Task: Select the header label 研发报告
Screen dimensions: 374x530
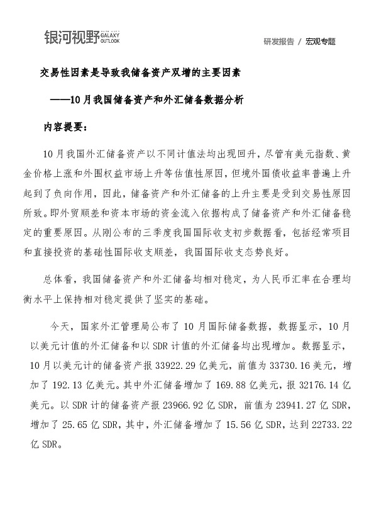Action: pos(278,42)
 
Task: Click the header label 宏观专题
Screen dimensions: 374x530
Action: pos(321,42)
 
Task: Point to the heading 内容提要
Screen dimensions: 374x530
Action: pos(66,126)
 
